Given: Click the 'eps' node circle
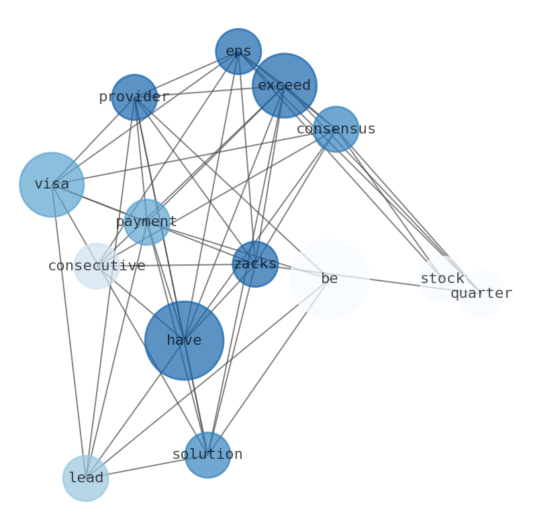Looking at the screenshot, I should click(238, 52).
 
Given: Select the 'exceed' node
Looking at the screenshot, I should click(285, 85).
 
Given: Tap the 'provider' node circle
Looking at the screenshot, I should click(135, 97).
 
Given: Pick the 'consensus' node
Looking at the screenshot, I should click(336, 129).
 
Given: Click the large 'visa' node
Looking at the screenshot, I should click(52, 184).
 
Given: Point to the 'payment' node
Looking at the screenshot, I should click(147, 222).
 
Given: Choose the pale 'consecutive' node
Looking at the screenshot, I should click(97, 266).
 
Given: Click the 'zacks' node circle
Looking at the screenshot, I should click(255, 264).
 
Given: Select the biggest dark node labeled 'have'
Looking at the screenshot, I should click(185, 341).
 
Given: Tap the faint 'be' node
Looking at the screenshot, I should click(330, 279).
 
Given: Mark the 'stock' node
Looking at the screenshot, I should click(442, 279).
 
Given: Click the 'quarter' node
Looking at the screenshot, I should click(481, 294).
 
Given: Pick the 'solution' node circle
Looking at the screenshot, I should click(208, 455).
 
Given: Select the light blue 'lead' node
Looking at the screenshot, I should click(86, 478).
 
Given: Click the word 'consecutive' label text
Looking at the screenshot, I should click(97, 266).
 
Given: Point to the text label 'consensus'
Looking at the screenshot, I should click(336, 129).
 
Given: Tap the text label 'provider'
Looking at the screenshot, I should click(134, 97).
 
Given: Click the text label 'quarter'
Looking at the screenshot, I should click(481, 294).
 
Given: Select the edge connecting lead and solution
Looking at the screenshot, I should click(147, 466).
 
